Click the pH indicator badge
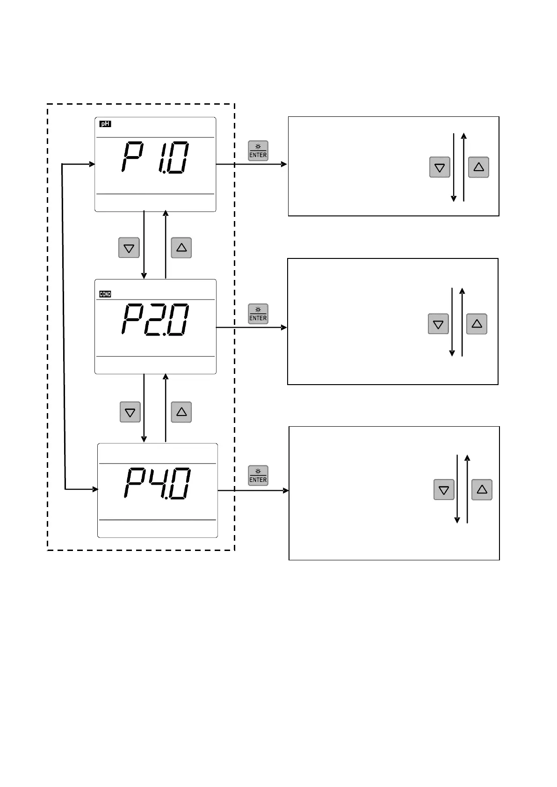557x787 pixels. tap(106, 124)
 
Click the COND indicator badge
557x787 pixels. tap(105, 294)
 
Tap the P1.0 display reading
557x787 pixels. tap(155, 158)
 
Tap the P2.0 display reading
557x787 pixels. tap(155, 319)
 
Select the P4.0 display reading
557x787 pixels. tap(157, 483)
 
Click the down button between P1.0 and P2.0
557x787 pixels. tap(129, 248)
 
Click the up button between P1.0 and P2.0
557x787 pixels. tap(181, 248)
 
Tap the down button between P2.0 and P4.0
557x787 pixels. tap(130, 412)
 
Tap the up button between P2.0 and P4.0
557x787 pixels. tap(181, 412)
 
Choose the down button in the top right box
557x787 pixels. tap(440, 167)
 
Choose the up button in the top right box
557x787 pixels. tap(478, 167)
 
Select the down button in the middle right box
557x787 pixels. tap(438, 324)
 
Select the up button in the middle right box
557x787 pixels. tap(477, 323)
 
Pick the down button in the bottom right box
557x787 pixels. tap(444, 490)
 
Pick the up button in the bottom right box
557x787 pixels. tap(482, 490)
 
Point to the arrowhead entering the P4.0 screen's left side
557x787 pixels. tap(95, 489)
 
